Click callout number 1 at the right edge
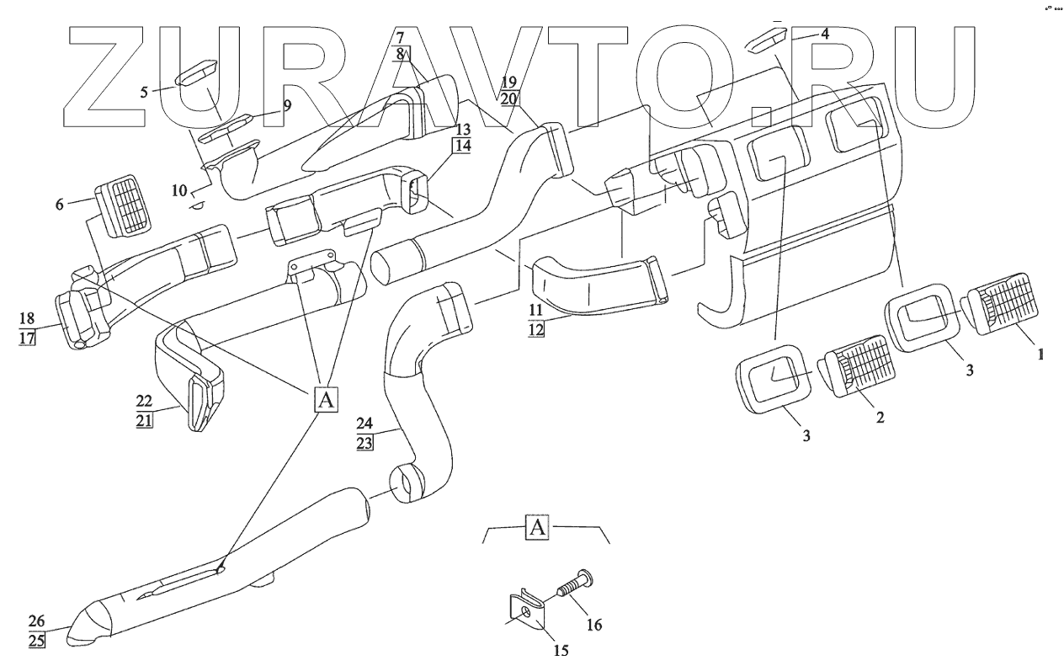1040,355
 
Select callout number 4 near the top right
825,35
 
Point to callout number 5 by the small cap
145,92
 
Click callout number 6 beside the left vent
60,204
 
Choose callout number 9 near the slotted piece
287,106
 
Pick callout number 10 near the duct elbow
178,191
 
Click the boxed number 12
536,330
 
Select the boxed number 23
364,443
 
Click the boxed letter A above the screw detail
538,529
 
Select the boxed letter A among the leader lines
326,399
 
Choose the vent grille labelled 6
125,205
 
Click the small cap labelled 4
767,37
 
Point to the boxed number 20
508,98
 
